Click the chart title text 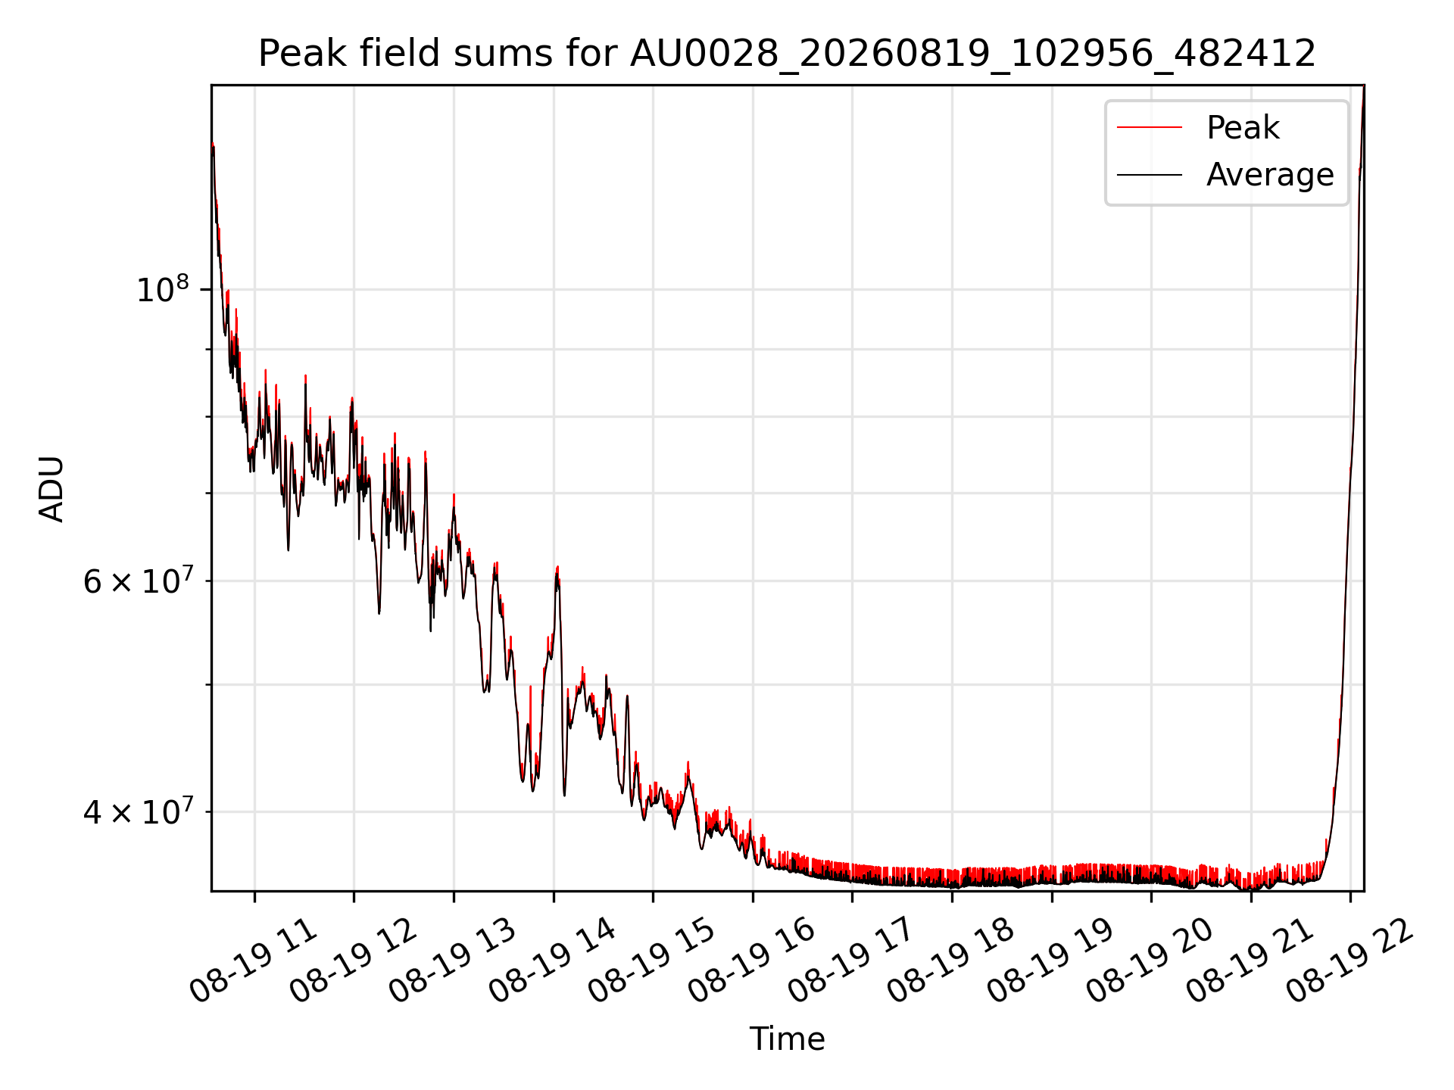tap(787, 54)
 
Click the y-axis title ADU tap(51, 488)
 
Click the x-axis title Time tap(787, 1039)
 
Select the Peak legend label tap(1243, 127)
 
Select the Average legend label tap(1270, 174)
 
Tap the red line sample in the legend tap(1149, 127)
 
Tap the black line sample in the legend tap(1149, 175)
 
